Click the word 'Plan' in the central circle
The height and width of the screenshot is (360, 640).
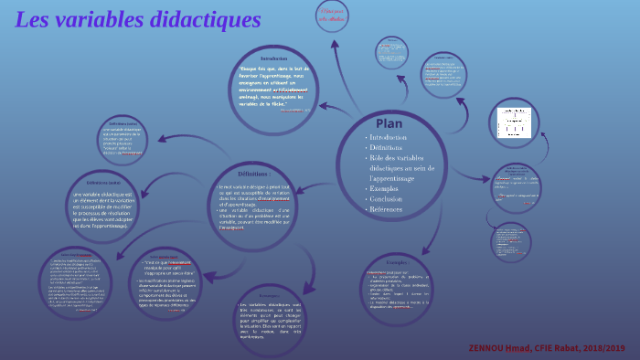pos(389,122)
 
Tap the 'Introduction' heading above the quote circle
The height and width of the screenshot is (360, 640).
pos(273,58)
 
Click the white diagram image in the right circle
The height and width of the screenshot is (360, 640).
pos(507,122)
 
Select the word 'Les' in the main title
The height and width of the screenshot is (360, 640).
pos(34,20)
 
